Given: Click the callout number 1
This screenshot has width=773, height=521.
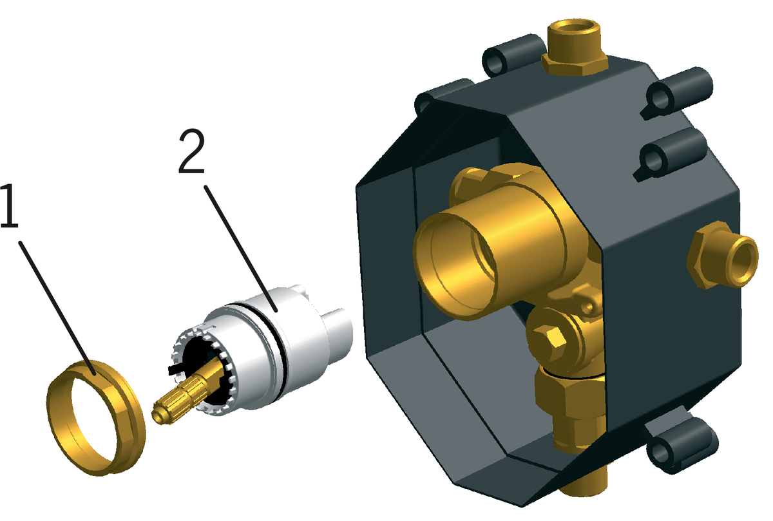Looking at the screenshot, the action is click(x=9, y=205).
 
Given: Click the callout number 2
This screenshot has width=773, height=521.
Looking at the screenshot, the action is click(x=192, y=151).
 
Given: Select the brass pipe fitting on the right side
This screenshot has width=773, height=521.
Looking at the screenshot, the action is click(x=723, y=255).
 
